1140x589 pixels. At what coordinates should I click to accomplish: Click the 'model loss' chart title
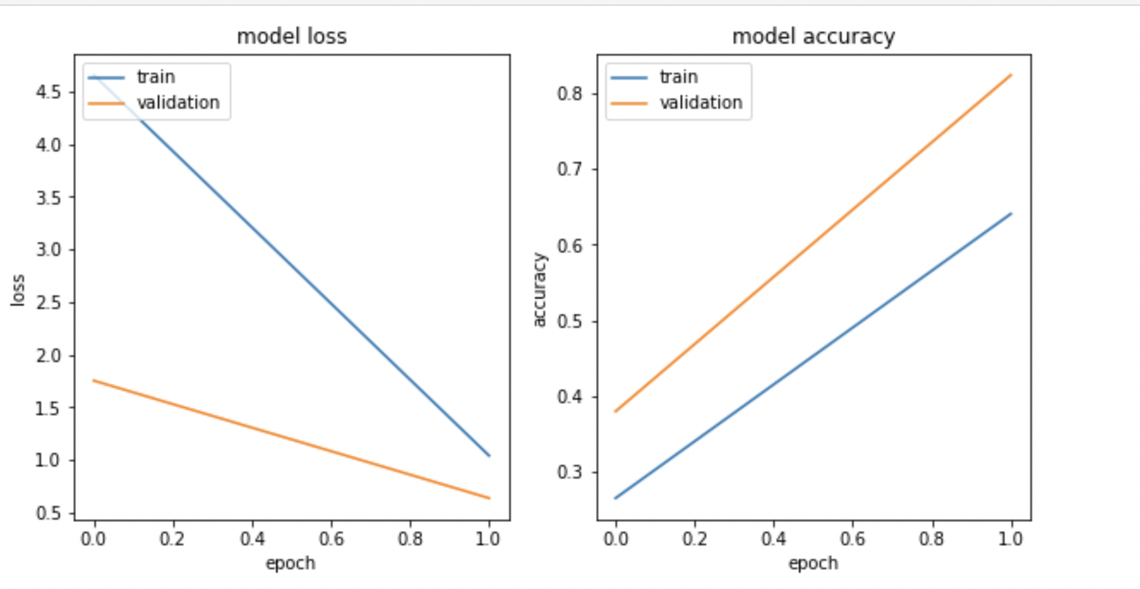[291, 37]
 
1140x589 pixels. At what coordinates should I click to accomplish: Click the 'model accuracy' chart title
[813, 37]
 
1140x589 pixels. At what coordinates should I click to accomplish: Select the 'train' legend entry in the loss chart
[155, 77]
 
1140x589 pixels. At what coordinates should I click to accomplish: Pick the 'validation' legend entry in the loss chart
[178, 103]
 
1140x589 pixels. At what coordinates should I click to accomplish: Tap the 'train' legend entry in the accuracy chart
[677, 77]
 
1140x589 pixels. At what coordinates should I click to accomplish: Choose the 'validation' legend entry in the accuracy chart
[700, 103]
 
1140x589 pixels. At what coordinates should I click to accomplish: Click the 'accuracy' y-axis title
[539, 289]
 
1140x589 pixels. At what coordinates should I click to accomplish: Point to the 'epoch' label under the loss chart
[291, 562]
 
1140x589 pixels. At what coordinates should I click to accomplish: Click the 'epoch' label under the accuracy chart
[813, 562]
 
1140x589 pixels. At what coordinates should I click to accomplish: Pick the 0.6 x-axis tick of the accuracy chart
[852, 539]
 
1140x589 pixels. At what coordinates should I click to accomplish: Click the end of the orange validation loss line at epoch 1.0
[489, 497]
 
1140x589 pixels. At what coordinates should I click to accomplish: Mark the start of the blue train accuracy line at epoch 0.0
[615, 497]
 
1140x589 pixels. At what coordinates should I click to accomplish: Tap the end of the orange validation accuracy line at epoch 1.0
[1011, 74]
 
